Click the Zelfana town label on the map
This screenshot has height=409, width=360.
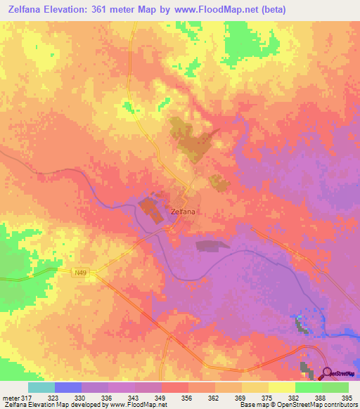(182, 211)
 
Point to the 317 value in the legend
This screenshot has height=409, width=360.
(27, 397)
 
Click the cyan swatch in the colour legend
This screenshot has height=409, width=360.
(41, 387)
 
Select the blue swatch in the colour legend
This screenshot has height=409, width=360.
(68, 387)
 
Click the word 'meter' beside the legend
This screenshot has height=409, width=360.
(10, 397)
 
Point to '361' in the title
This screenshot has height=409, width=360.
(105, 9)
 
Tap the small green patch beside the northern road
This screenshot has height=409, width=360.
(127, 107)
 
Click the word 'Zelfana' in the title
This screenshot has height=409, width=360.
(24, 9)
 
